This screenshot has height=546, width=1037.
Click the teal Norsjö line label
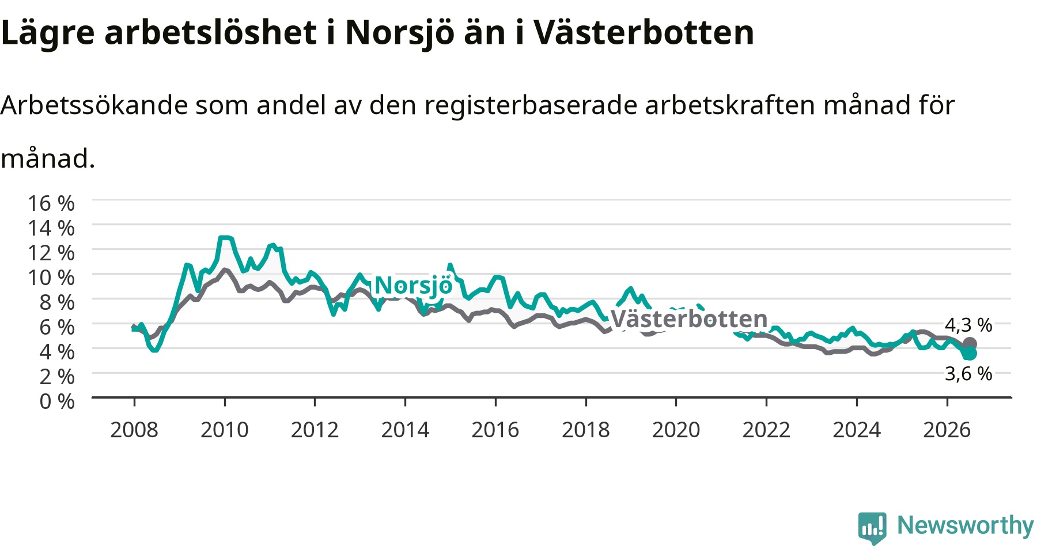(414, 286)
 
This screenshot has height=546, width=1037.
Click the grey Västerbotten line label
(689, 318)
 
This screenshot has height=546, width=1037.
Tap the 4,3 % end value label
(968, 325)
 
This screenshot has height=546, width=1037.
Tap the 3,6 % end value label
(968, 374)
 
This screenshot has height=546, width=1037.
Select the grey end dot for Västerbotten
(970, 344)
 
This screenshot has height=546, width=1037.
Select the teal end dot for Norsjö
(970, 353)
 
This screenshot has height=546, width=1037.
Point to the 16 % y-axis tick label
(51, 203)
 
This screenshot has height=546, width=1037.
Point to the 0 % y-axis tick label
(57, 401)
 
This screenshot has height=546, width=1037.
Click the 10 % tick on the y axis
(51, 278)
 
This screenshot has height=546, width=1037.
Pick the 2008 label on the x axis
(134, 430)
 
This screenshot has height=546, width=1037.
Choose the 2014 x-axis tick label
(405, 430)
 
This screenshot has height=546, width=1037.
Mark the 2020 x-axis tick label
(676, 430)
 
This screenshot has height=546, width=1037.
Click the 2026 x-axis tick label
(947, 430)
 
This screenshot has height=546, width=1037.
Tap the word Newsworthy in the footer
(966, 525)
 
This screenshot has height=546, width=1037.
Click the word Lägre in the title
(47, 33)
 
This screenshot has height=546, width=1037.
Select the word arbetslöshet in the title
(210, 32)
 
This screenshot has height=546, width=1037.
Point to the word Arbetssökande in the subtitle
(94, 105)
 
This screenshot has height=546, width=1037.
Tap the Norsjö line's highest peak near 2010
(225, 237)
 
